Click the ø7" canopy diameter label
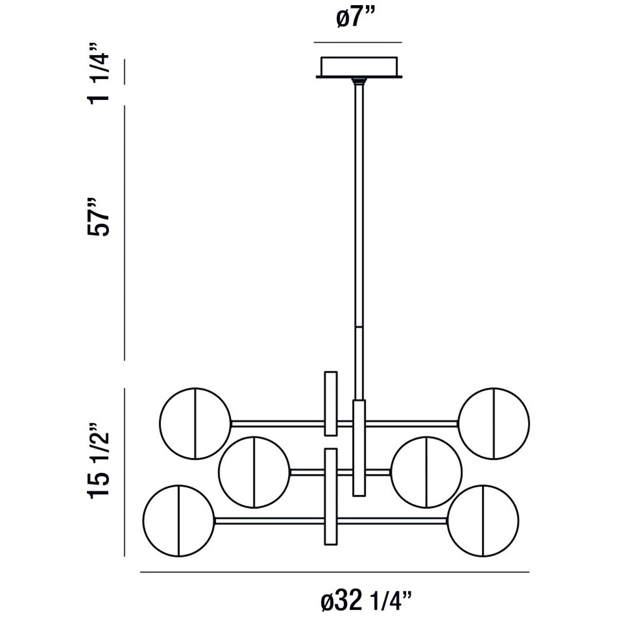point(356,19)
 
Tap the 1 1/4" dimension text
point(98,72)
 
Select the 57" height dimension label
point(98,217)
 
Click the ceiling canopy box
point(359,67)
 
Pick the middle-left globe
point(254,472)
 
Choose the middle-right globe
point(426,472)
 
